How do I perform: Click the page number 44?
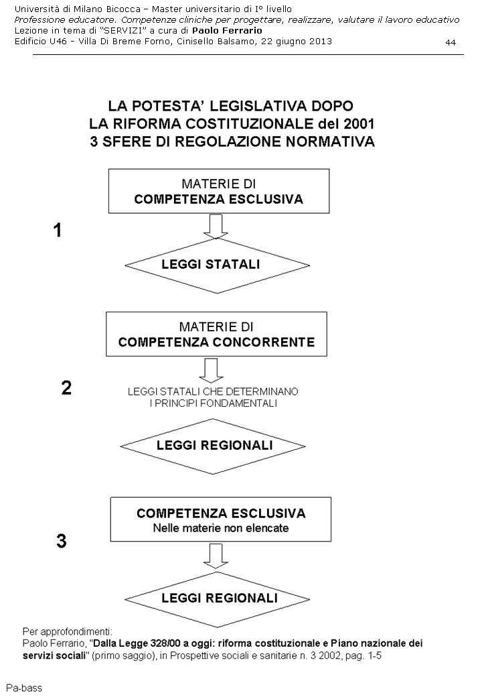tap(450, 43)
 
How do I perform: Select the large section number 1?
tap(58, 231)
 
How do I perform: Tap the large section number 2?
tap(66, 388)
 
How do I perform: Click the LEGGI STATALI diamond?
tap(211, 264)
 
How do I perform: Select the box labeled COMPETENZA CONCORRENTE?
tap(216, 336)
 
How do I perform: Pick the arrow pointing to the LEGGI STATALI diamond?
tap(216, 227)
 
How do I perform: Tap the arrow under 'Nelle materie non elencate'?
tap(216, 554)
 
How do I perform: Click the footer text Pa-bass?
tap(23, 687)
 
